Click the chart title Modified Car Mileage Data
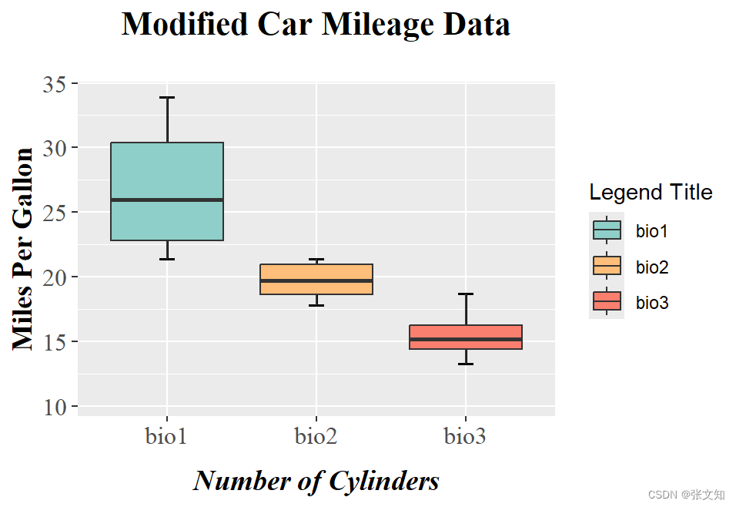click(316, 25)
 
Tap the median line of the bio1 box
click(167, 200)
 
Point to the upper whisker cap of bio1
click(167, 98)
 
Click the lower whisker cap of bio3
click(466, 364)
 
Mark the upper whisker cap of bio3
click(466, 294)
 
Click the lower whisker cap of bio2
click(316, 305)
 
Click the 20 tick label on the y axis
click(55, 277)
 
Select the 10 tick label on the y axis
click(55, 407)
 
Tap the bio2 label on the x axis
click(316, 437)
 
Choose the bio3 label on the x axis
click(465, 437)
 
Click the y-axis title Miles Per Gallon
click(24, 249)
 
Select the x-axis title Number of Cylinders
click(316, 481)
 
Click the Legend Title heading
click(651, 192)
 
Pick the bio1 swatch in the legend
click(607, 230)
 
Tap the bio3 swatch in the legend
click(607, 303)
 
